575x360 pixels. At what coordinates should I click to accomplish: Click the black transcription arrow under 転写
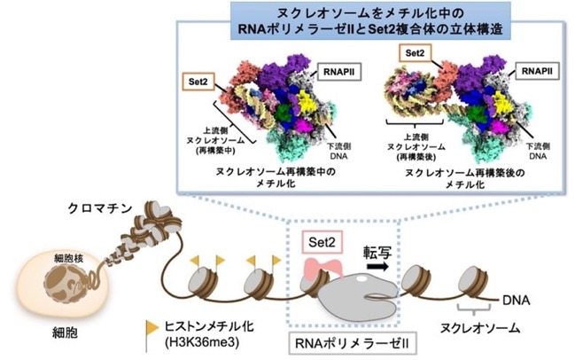pyautogui.click(x=377, y=266)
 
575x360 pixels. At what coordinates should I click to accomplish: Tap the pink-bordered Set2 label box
pyautogui.click(x=322, y=242)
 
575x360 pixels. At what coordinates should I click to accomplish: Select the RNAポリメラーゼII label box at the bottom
pyautogui.click(x=353, y=344)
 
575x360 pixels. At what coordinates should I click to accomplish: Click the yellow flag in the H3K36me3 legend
pyautogui.click(x=152, y=328)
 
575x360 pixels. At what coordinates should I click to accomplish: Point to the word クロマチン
pyautogui.click(x=100, y=208)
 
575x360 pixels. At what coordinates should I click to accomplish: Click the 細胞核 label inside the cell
pyautogui.click(x=68, y=258)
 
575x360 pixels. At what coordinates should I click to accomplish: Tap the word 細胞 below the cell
pyautogui.click(x=65, y=333)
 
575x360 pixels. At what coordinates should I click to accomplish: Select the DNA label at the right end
pyautogui.click(x=516, y=301)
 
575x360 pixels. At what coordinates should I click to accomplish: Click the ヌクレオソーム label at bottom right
pyautogui.click(x=480, y=328)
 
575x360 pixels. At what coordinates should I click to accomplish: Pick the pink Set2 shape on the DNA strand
pyautogui.click(x=323, y=266)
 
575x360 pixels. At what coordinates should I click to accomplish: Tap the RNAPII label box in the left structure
pyautogui.click(x=339, y=72)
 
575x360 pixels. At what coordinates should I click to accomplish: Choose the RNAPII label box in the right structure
pyautogui.click(x=537, y=71)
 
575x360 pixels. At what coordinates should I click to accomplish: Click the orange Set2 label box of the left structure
pyautogui.click(x=198, y=82)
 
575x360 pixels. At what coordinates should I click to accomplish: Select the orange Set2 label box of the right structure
pyautogui.click(x=415, y=53)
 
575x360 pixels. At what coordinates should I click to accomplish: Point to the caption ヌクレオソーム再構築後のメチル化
pyautogui.click(x=465, y=178)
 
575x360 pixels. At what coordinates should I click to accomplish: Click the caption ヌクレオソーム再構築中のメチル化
pyautogui.click(x=276, y=177)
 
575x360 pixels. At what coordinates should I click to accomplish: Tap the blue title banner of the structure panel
pyautogui.click(x=370, y=20)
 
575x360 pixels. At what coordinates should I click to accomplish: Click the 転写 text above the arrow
pyautogui.click(x=377, y=252)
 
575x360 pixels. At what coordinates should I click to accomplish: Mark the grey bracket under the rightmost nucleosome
pyautogui.click(x=474, y=309)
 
